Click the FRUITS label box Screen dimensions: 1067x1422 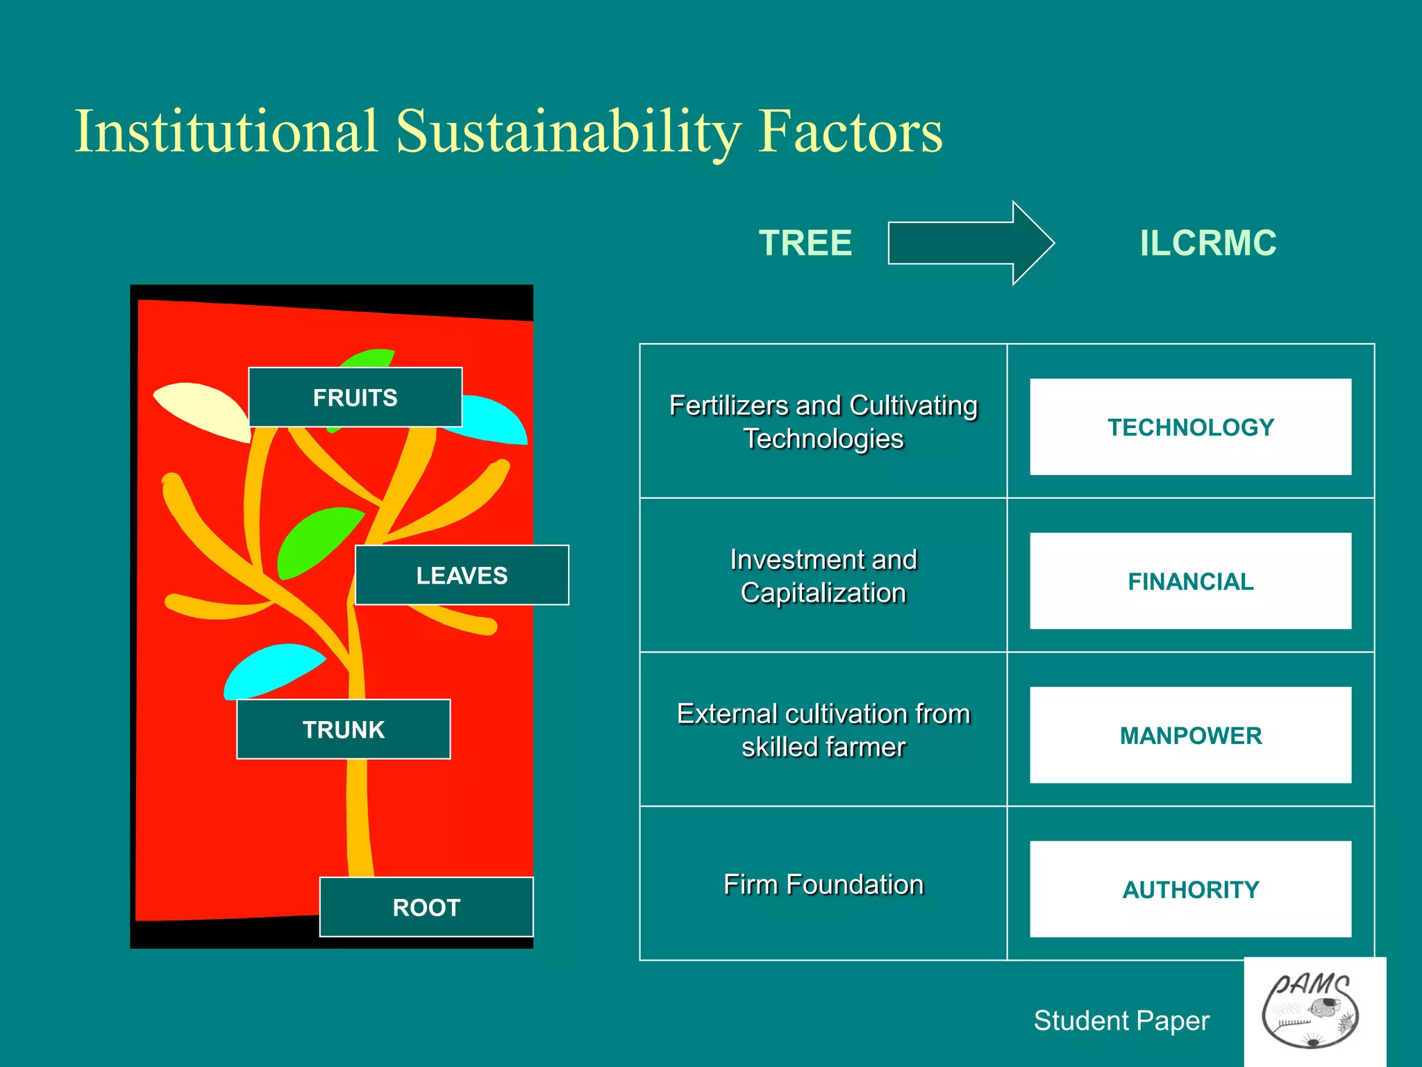coord(355,397)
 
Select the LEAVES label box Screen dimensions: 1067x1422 coord(462,575)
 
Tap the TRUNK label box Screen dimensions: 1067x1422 coord(343,729)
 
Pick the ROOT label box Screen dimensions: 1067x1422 coord(426,907)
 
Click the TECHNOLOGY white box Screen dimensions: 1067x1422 coord(1190,427)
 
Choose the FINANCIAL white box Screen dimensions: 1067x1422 coord(1190,581)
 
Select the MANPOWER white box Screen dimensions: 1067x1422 coord(1190,735)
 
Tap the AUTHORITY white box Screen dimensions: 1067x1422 coord(1190,889)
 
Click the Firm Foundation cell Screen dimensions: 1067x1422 coord(823,884)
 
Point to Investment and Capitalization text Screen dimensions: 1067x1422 coord(823,576)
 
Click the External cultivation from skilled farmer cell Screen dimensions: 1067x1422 coord(823,730)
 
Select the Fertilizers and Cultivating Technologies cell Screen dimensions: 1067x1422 coord(823,422)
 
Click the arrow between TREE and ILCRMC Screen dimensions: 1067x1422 coord(970,243)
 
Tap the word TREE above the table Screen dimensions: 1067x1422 coord(805,243)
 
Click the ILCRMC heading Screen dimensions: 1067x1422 coord(1207,243)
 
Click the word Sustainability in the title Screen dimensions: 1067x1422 coord(568,132)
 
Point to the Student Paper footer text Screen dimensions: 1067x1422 coord(1121,1020)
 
